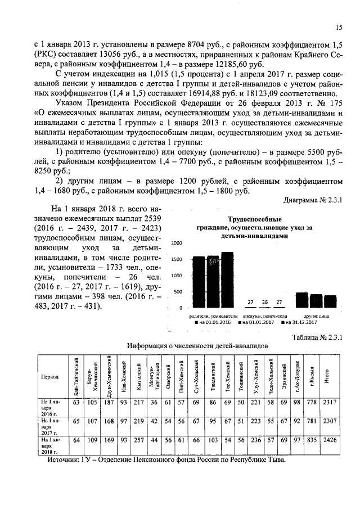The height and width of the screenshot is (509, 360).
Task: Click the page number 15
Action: (339, 27)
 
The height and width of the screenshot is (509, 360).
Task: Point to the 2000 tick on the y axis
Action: (177, 243)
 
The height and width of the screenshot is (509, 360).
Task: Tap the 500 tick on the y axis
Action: (178, 292)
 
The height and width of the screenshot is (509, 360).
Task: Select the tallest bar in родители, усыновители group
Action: (227, 280)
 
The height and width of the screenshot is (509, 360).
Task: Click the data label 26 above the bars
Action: (265, 302)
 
